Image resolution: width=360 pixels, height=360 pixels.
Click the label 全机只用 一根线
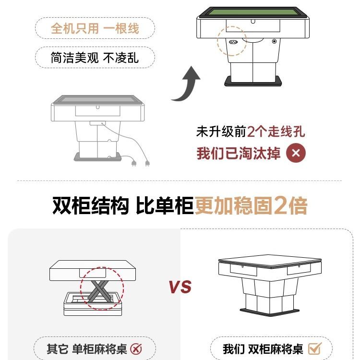point(95,28)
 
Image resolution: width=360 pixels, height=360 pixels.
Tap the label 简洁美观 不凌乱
point(95,58)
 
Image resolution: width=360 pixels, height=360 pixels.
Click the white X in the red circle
point(296,154)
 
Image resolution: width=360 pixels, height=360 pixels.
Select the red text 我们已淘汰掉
point(239,154)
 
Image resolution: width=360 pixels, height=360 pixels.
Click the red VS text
point(180,287)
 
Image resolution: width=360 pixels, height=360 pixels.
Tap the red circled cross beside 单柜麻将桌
point(136,349)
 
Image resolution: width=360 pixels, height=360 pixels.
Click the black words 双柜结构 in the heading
point(91,205)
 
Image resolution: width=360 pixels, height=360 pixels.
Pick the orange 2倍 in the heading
point(290,205)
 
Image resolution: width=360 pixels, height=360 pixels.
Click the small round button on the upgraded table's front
point(274,41)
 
